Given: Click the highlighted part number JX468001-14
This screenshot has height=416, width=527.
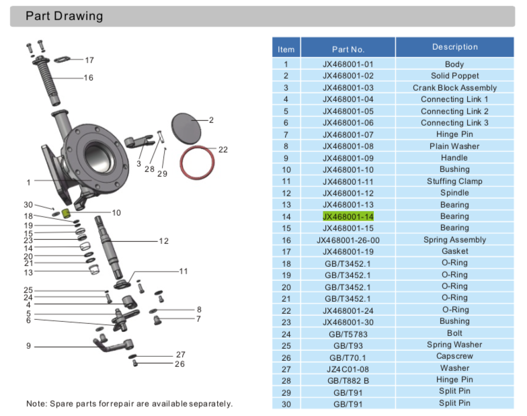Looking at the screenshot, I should click(348, 216).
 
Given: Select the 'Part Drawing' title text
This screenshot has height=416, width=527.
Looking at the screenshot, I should click(65, 16).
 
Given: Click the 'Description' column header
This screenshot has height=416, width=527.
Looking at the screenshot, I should click(454, 47).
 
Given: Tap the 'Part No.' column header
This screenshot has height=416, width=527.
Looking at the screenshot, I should click(348, 49).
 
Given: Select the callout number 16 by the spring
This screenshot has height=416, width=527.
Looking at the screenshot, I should click(88, 78).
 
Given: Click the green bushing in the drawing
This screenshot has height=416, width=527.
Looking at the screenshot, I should click(67, 214).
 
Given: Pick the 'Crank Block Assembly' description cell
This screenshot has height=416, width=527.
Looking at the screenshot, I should click(454, 88).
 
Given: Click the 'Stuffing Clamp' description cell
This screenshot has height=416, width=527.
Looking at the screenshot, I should click(454, 181).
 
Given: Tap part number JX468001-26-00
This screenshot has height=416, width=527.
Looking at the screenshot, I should click(348, 240).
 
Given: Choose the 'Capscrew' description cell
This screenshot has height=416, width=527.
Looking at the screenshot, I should click(454, 356).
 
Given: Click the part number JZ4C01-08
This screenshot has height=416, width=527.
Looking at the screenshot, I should click(348, 368).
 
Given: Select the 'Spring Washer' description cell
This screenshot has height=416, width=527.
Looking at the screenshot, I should click(454, 345).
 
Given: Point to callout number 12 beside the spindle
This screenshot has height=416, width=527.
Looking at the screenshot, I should click(163, 241).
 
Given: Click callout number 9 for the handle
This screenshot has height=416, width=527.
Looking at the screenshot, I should click(29, 346).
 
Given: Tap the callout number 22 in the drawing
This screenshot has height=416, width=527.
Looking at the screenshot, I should click(223, 150).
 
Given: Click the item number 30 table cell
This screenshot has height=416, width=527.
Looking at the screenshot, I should click(286, 403).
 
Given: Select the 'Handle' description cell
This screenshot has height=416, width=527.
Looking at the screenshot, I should click(454, 158).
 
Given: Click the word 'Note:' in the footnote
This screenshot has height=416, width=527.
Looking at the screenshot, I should click(37, 403).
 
